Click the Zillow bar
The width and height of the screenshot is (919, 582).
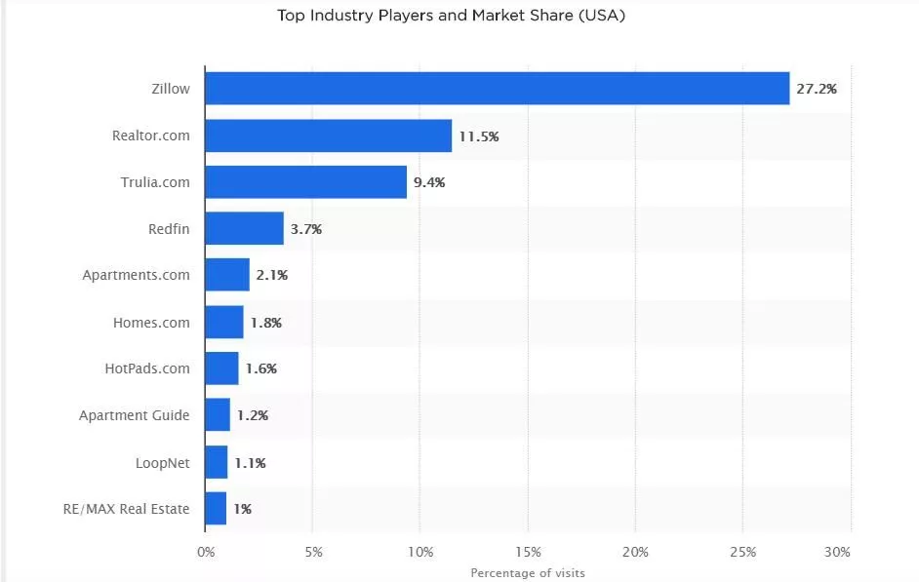(x=497, y=89)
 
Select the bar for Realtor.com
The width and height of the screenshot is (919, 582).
(x=329, y=136)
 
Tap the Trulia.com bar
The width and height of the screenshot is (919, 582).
(x=305, y=182)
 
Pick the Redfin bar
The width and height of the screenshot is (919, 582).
(x=244, y=229)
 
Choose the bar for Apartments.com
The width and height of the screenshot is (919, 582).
(x=227, y=275)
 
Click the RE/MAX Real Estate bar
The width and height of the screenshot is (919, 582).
(x=216, y=508)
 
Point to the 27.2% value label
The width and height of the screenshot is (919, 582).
(x=816, y=89)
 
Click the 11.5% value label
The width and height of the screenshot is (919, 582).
(x=478, y=136)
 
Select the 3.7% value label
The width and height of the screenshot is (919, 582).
(x=305, y=230)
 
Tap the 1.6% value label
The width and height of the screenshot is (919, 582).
(x=260, y=369)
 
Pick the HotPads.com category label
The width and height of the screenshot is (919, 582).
(x=147, y=369)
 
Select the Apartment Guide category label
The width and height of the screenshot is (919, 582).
(x=135, y=415)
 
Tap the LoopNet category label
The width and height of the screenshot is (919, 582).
(x=162, y=462)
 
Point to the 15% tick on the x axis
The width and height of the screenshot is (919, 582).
(x=528, y=552)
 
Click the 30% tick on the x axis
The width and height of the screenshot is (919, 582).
(x=837, y=552)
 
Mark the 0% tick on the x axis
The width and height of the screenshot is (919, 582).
(x=206, y=552)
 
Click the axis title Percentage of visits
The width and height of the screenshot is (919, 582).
(x=527, y=573)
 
